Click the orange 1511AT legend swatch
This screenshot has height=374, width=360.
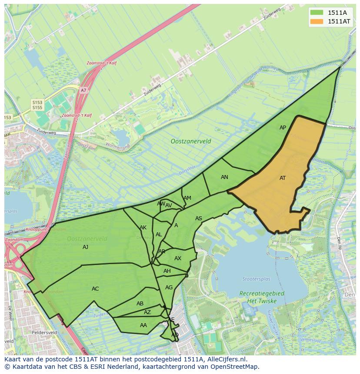tap(316, 21)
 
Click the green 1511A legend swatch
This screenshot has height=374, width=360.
tap(316, 12)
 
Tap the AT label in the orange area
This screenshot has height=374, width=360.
tap(283, 178)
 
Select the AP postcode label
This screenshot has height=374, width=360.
tap(283, 128)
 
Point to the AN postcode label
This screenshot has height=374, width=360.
tap(224, 177)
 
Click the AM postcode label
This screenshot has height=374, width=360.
tap(187, 198)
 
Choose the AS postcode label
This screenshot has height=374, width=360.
tap(199, 218)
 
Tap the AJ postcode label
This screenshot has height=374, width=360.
tap(86, 247)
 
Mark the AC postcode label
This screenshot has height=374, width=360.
tap(95, 289)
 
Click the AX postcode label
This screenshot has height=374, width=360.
tap(178, 258)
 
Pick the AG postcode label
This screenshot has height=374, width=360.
tap(169, 288)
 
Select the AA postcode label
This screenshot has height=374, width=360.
tap(143, 325)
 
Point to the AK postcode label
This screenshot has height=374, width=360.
tap(143, 228)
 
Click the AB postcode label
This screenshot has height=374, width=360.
tap(140, 304)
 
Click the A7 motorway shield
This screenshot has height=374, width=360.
tap(83, 90)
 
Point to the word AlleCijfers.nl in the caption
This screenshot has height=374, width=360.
tap(226, 360)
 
